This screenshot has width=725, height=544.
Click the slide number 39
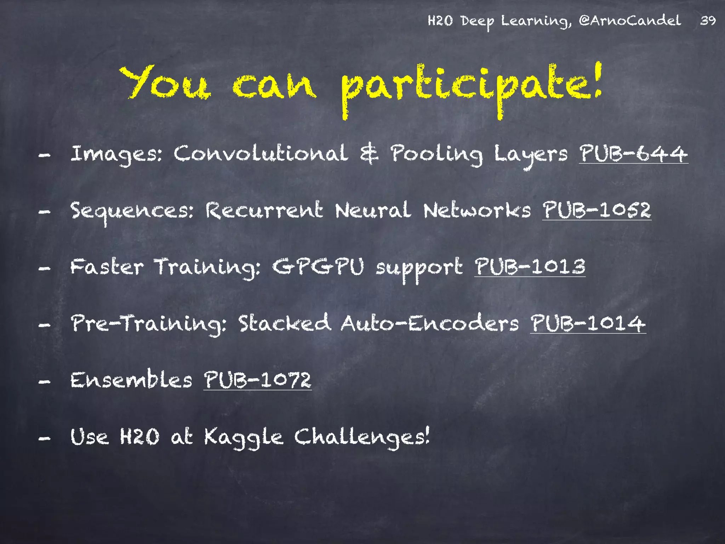tap(708, 21)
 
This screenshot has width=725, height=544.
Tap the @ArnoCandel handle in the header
tap(629, 21)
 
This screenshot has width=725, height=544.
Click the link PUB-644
tap(633, 154)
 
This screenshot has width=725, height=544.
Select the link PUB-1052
tap(596, 210)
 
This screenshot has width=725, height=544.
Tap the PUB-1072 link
tap(257, 380)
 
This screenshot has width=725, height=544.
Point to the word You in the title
tap(165, 83)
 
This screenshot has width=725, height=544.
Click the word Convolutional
tap(261, 154)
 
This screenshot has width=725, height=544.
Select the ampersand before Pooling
tap(369, 154)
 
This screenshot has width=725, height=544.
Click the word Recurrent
tap(264, 210)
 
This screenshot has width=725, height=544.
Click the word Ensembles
tap(131, 380)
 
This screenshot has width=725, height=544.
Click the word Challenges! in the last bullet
tap(362, 437)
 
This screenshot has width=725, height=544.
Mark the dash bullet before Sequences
tap(44, 212)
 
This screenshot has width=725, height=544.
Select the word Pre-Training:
tap(148, 324)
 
